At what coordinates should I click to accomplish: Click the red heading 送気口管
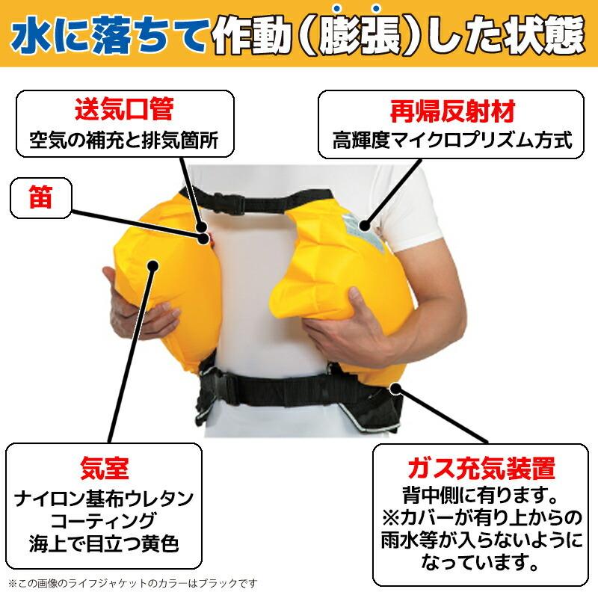pos(123,111)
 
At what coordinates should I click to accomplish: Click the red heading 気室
pos(104,469)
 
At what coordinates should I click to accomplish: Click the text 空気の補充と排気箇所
pos(123,139)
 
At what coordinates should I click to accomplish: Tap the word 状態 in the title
pos(542,34)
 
